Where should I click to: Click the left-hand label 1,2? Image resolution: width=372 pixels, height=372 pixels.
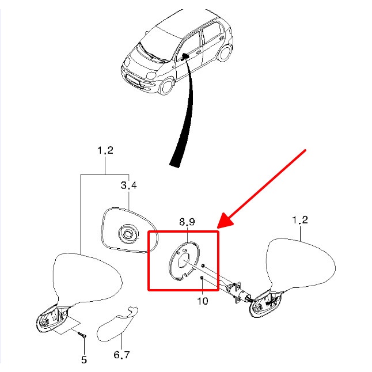click(x=105, y=151)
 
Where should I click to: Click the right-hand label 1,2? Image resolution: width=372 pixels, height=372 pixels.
click(x=300, y=220)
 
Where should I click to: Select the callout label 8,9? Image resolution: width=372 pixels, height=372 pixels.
click(x=187, y=221)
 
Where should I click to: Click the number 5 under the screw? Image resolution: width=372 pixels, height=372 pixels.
click(x=84, y=360)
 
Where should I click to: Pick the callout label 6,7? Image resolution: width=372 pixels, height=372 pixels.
click(x=122, y=355)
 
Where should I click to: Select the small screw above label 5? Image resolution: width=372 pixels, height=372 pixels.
click(x=81, y=335)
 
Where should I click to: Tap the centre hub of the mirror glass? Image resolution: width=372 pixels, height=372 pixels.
click(x=126, y=234)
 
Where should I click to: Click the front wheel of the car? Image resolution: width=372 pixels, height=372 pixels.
click(x=166, y=87)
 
